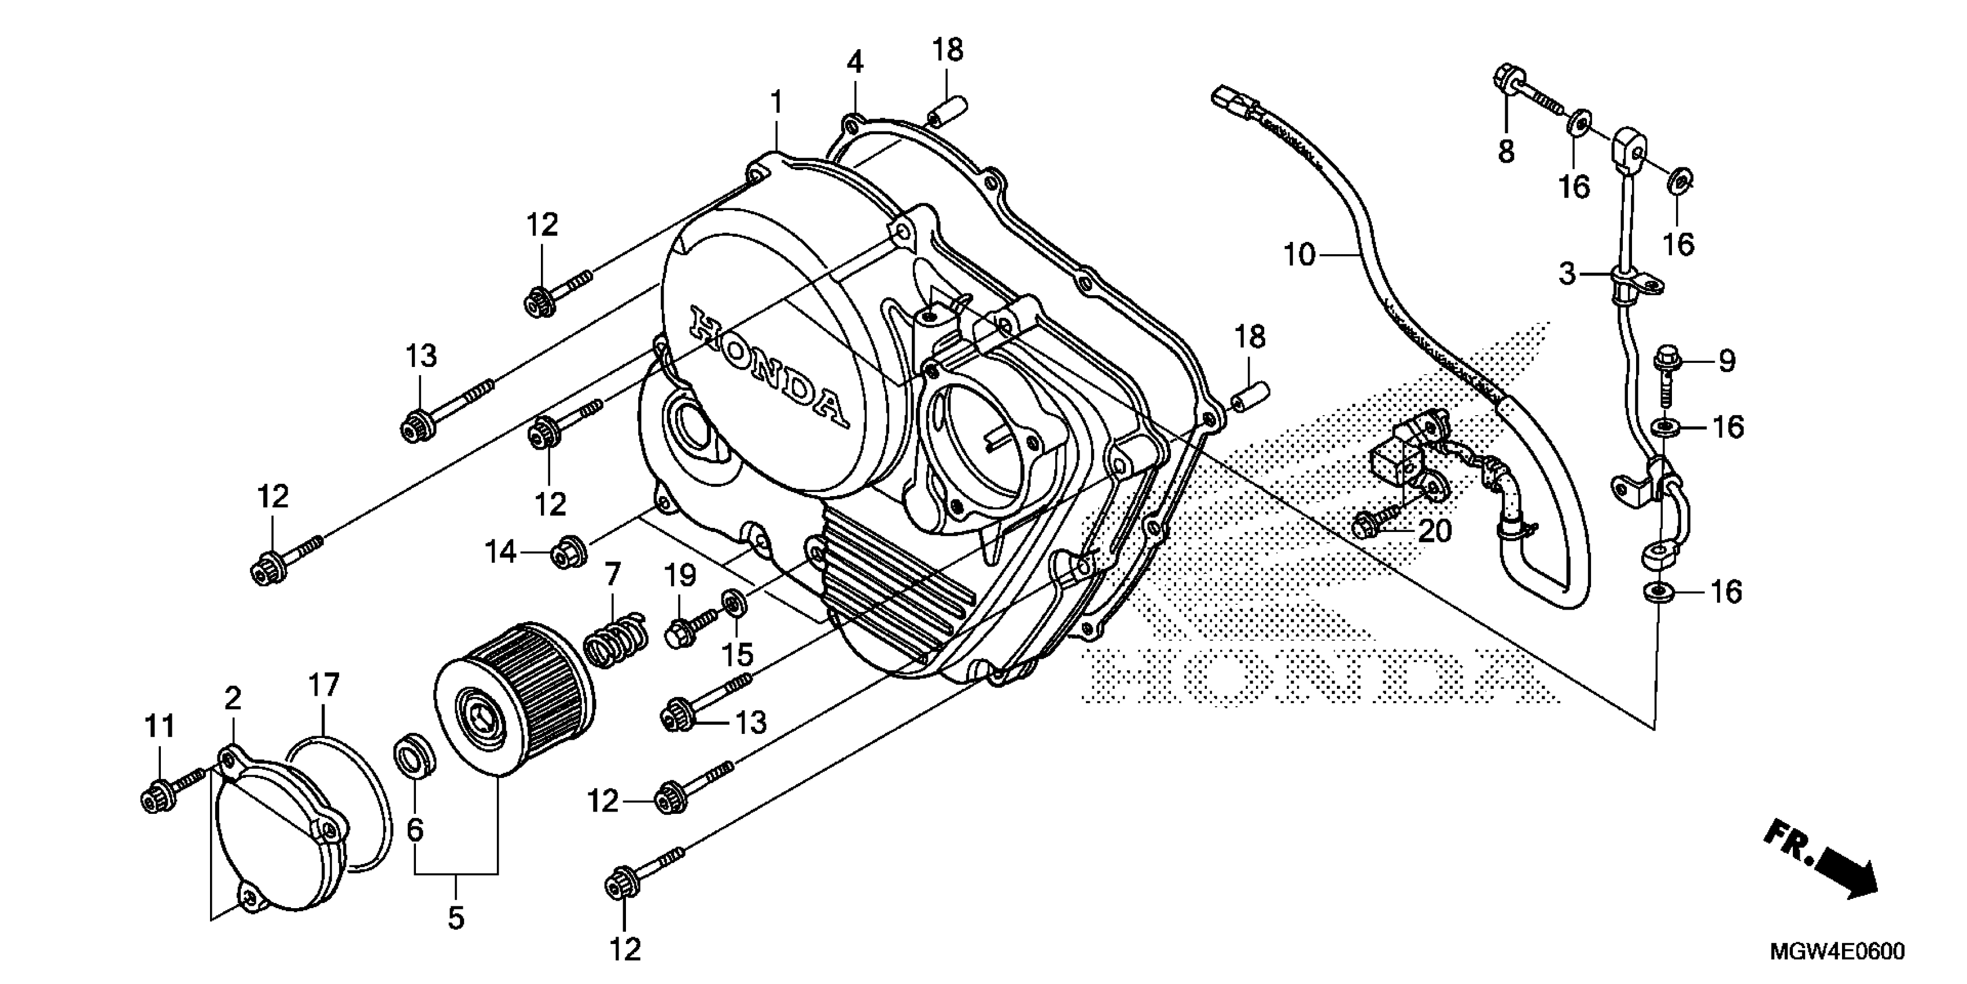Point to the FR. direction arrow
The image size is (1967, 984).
[x=1822, y=860]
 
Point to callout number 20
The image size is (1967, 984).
[x=1434, y=530]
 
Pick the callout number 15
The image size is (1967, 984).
[x=738, y=655]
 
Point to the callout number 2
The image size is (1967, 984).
[x=233, y=698]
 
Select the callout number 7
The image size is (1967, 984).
[x=613, y=573]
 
